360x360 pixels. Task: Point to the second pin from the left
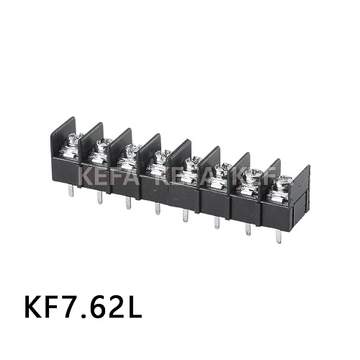tap(98, 197)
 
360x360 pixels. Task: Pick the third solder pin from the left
tap(127, 203)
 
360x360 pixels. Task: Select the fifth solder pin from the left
tap(186, 217)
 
